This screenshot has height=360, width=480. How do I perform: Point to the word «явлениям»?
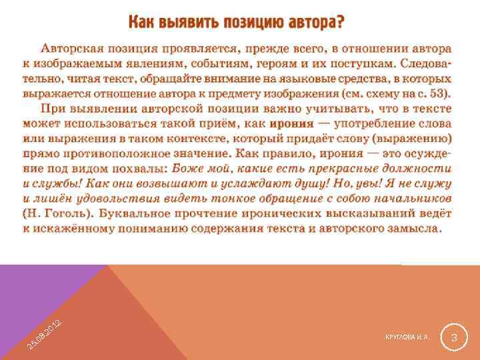(173, 63)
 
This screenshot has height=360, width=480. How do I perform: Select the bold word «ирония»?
(291, 123)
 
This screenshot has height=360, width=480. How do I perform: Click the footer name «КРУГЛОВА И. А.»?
(407, 338)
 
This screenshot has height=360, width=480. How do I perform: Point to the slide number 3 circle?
(453, 338)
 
